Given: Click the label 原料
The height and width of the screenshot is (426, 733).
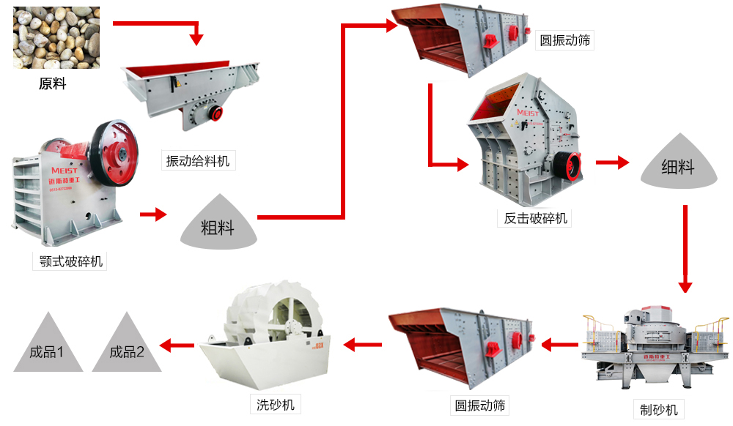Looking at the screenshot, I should tap(53, 83).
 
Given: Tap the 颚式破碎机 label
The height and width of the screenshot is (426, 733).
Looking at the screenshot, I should tap(71, 261).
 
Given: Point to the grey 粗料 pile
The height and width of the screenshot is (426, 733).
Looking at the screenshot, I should tap(218, 224).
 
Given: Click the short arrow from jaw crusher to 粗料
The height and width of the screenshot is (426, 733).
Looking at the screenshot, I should tap(153, 214).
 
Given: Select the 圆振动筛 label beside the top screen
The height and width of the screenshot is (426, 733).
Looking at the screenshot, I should tap(564, 40).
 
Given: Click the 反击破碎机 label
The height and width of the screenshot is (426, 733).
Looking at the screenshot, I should tap(536, 218).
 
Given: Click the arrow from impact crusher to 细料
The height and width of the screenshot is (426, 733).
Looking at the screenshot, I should tap(612, 162).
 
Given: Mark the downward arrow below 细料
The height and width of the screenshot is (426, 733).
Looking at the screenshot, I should tap(685, 249).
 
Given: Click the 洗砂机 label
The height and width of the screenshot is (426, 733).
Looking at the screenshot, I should tap(275, 404).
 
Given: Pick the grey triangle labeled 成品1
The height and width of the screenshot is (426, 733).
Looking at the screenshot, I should tap(46, 347).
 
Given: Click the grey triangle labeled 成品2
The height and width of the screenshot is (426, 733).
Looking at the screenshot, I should tap(127, 347).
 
